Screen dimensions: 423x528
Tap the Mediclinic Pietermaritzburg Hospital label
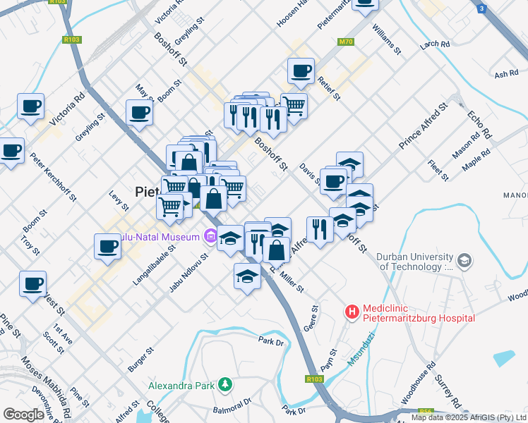pos(418,314)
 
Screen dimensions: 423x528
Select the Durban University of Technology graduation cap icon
pos(464,262)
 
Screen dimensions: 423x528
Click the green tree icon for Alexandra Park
pos(224,385)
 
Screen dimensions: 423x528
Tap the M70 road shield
pos(345,42)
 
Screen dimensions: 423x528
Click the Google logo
pos(23,414)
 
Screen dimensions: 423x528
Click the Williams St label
pos(387,42)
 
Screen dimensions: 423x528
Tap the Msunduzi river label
pos(361,352)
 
